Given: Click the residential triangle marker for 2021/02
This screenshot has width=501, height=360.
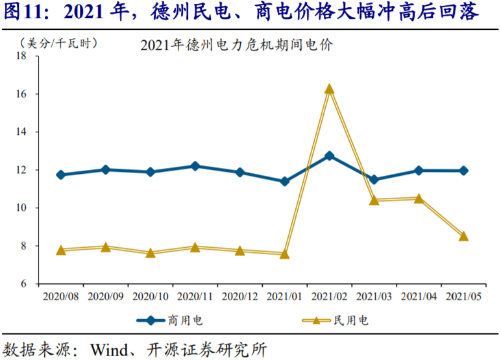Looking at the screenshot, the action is (329, 89).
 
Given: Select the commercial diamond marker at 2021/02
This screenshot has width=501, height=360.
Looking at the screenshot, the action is (329, 156).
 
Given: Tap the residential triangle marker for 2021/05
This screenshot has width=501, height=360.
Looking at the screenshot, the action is (463, 236).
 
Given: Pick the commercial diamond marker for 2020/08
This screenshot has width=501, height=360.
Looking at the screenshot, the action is (61, 174).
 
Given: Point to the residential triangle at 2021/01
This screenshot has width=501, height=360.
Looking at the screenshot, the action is (284, 254).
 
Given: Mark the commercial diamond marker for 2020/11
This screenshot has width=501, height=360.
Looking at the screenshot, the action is (195, 166).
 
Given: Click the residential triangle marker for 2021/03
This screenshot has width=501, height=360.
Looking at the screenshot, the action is (374, 200).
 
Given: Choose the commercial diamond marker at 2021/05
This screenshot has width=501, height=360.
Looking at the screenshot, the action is (463, 171).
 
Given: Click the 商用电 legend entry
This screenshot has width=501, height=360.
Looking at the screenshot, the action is (169, 320).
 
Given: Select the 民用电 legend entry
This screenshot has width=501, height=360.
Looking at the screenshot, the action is (336, 320).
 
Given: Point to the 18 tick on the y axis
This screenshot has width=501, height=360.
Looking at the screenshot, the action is (21, 56).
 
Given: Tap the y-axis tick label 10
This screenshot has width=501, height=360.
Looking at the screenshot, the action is (21, 208).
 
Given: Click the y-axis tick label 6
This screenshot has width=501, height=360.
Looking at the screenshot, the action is (23, 283).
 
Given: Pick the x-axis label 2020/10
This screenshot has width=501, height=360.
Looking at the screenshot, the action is (150, 296).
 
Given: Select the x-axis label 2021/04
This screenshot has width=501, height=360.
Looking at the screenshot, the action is (419, 296).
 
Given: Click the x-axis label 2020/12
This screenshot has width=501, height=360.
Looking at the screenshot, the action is (239, 296).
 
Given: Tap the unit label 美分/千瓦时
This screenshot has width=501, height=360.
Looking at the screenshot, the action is (58, 43).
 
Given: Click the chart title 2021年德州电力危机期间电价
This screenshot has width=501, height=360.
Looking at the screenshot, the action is (236, 45).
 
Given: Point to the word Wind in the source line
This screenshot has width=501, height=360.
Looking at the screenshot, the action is (109, 350).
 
